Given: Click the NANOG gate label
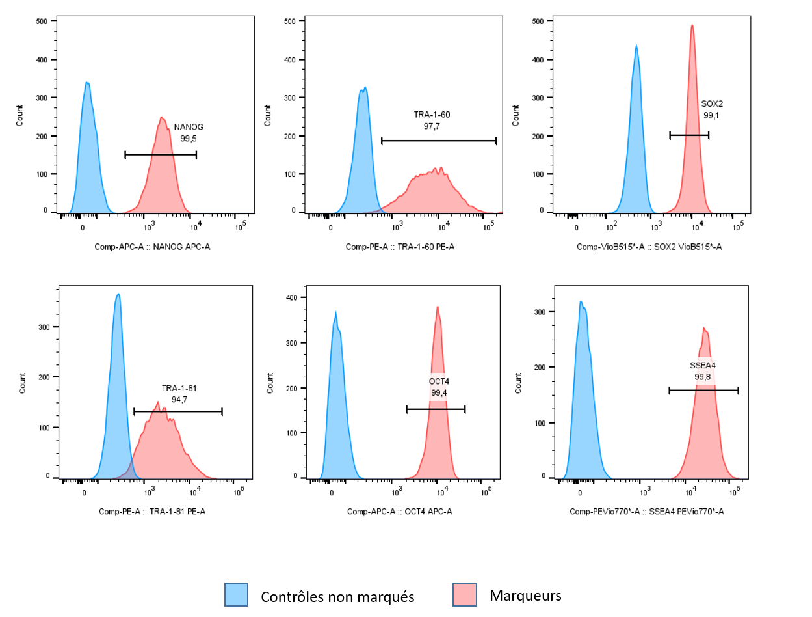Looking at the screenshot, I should [x=189, y=128].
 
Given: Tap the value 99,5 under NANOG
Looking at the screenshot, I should [x=189, y=139].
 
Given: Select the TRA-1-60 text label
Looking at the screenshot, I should [x=432, y=115].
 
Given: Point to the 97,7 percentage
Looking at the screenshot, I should [x=432, y=126].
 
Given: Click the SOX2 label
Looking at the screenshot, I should [x=712, y=104].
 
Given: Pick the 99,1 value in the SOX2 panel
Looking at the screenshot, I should [x=712, y=116].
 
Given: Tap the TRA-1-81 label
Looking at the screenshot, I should [x=179, y=389].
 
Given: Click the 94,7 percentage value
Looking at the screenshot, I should [x=179, y=400].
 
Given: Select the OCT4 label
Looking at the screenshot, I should [x=439, y=381].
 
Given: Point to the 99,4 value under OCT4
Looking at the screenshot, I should [x=439, y=392].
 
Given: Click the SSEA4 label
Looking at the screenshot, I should [x=703, y=366].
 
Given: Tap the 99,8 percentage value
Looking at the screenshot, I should [x=703, y=377].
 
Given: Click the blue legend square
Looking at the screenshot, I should [x=236, y=594].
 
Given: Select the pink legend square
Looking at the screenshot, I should [x=465, y=594].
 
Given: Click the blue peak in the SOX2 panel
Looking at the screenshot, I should [x=636, y=130].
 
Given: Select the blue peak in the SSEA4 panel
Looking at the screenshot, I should [x=583, y=391].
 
